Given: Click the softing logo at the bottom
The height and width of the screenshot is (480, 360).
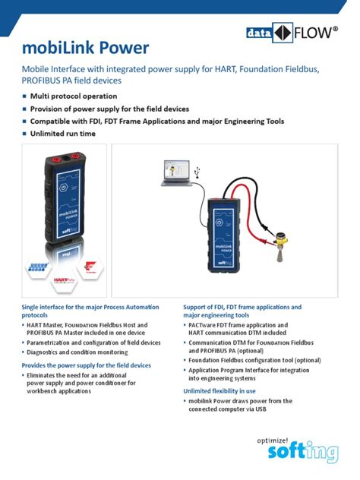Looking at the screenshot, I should (x=302, y=454).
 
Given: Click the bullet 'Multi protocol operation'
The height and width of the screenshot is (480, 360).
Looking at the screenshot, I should (x=74, y=96).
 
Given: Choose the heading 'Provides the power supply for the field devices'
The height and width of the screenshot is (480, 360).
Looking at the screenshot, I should (x=87, y=365).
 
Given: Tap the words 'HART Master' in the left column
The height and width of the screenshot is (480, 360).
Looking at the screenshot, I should (x=43, y=324).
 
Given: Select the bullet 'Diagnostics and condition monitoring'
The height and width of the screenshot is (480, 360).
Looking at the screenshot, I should (x=78, y=352).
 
